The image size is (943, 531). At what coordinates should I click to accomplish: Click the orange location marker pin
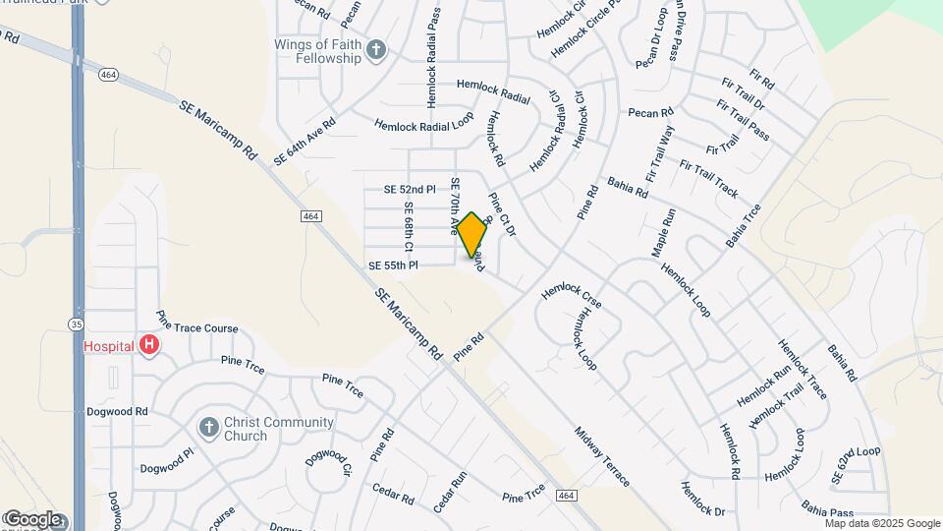471,234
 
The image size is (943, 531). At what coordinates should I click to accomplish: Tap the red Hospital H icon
148,345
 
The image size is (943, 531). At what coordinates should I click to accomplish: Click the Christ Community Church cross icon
208,427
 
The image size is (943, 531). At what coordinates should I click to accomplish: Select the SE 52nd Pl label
409,189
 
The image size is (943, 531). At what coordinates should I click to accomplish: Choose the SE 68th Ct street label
408,225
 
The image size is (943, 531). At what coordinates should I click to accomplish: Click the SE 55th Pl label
393,265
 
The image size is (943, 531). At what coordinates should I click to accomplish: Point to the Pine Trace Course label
197,327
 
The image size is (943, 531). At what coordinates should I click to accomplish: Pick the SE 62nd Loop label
855,464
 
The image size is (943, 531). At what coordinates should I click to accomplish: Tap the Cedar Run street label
451,493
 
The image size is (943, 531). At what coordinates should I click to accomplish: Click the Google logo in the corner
32,519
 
